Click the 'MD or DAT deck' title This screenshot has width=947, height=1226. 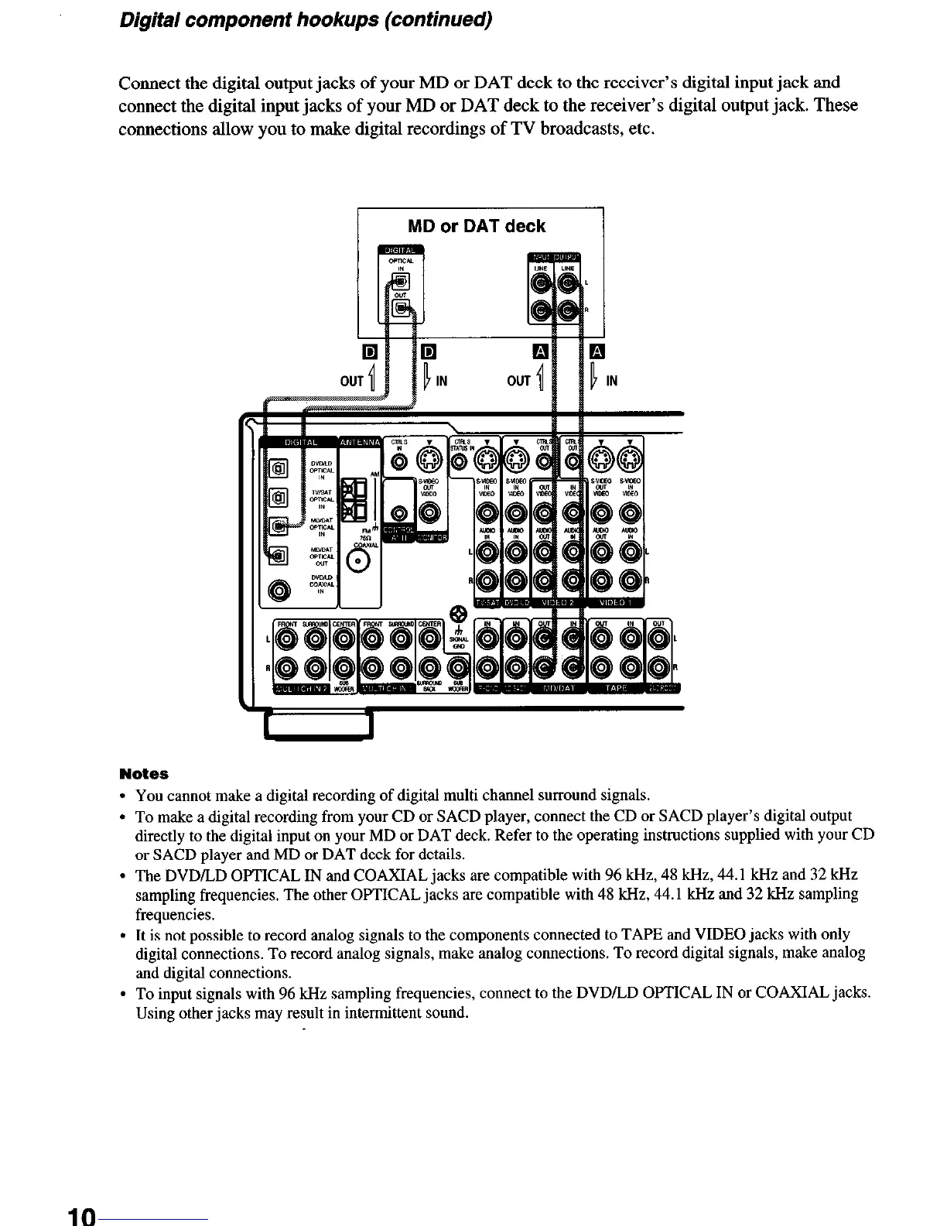(477, 226)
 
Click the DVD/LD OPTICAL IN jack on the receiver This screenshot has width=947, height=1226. (278, 467)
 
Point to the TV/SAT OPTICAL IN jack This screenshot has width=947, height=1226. (278, 497)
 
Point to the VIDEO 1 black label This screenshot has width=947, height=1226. (618, 604)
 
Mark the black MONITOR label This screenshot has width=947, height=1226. (432, 539)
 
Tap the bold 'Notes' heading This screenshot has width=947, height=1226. (144, 774)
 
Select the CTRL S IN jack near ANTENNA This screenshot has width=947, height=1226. (399, 463)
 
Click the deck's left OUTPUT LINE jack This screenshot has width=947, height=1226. (569, 284)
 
